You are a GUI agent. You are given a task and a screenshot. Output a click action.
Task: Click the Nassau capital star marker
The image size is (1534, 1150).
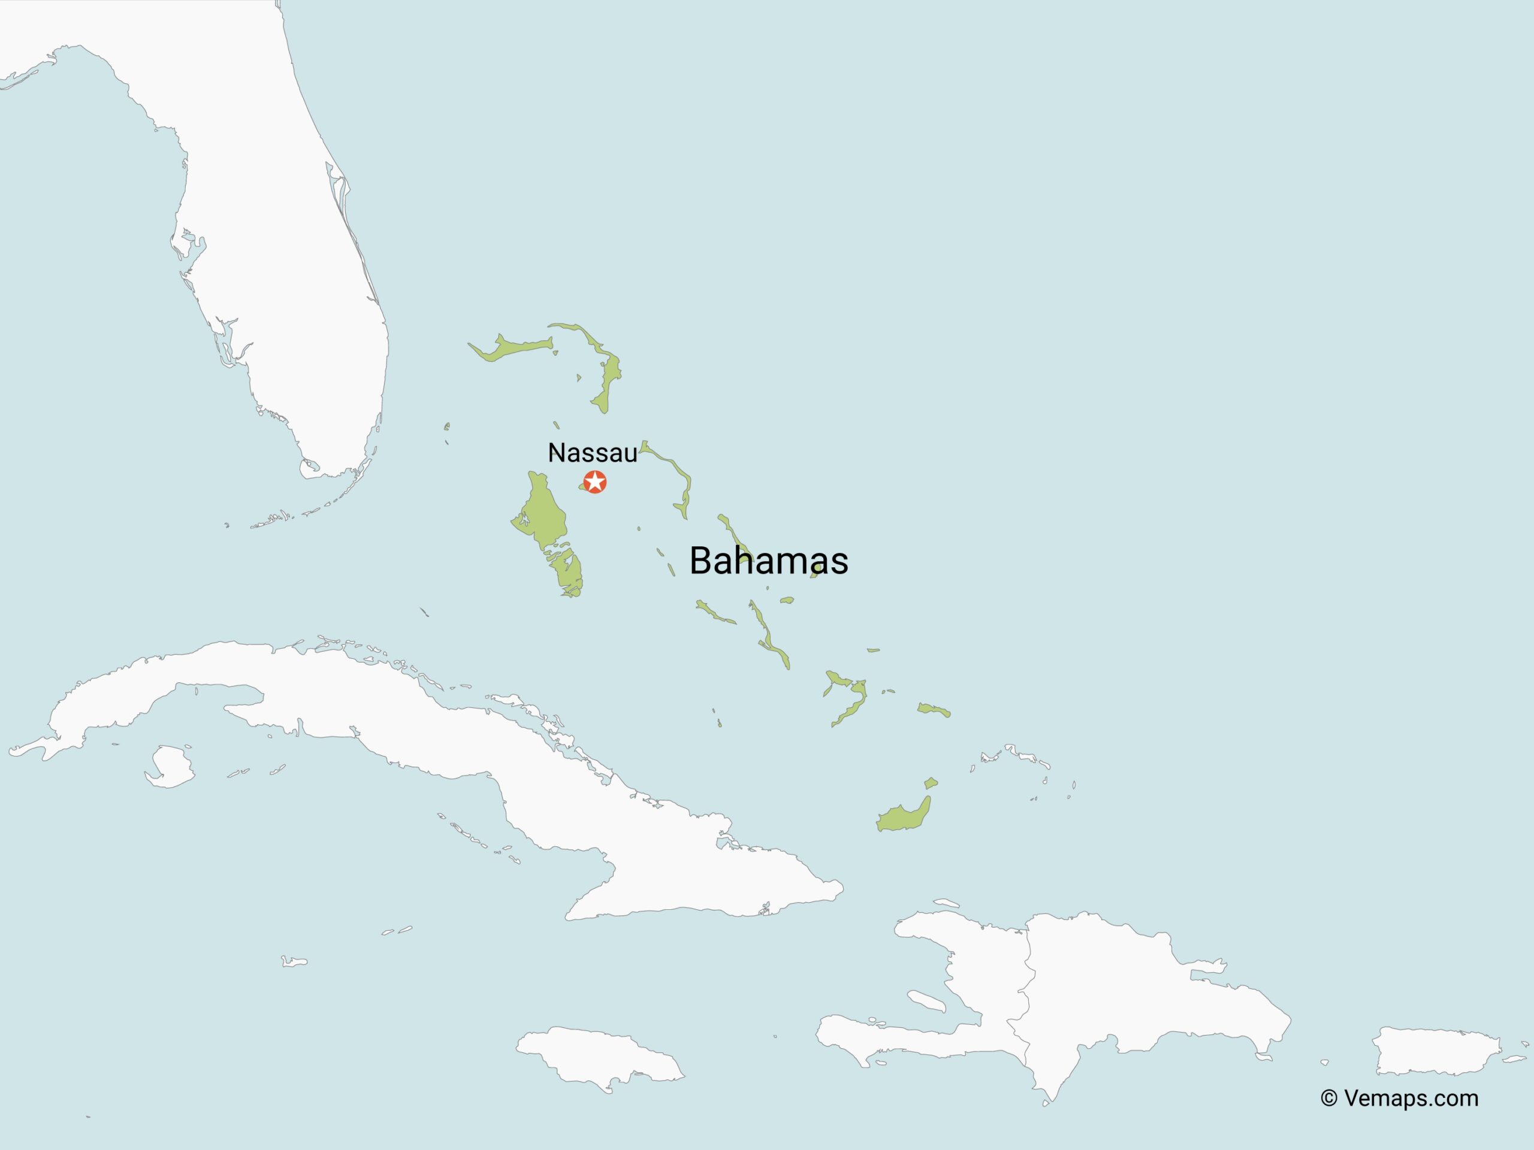pyautogui.click(x=595, y=481)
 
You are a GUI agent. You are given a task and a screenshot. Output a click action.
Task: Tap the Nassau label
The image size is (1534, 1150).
pyautogui.click(x=592, y=453)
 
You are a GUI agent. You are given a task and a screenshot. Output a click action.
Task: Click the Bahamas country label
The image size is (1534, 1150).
pyautogui.click(x=768, y=560)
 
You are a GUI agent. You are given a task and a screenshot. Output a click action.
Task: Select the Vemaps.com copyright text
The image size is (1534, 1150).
pyautogui.click(x=1399, y=1098)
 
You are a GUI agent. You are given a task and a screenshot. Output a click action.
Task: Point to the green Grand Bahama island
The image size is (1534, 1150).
pyautogui.click(x=510, y=349)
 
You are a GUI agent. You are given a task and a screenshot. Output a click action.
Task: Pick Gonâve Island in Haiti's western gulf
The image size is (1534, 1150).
pyautogui.click(x=926, y=1000)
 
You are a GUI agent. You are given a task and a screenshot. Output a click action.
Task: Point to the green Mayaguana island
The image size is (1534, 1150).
pyautogui.click(x=934, y=710)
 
